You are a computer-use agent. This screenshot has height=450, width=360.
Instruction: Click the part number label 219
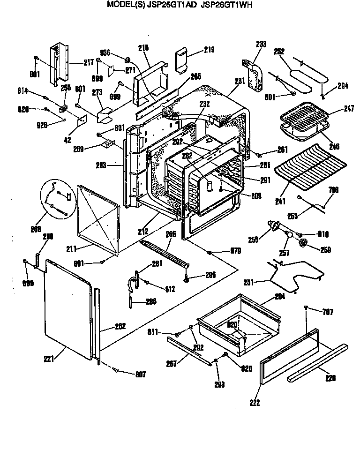click(209, 50)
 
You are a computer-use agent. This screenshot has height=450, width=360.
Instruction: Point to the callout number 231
click(240, 81)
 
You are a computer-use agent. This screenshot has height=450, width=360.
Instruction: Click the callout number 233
click(261, 44)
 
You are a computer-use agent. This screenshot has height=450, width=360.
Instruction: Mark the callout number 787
click(328, 311)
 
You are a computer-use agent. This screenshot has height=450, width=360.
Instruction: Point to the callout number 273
click(97, 92)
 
